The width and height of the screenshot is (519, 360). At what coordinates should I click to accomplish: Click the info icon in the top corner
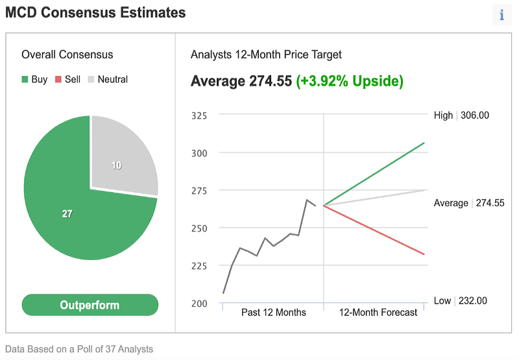click(501, 15)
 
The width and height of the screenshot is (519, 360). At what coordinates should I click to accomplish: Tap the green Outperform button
click(90, 305)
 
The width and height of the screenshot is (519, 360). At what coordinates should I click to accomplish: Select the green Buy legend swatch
click(25, 79)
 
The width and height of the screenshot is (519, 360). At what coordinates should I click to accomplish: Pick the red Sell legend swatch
click(58, 79)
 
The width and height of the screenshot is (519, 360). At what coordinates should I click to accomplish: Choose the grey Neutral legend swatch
click(91, 79)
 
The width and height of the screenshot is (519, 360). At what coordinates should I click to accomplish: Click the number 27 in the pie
click(67, 214)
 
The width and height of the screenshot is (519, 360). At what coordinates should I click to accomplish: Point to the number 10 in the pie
click(116, 165)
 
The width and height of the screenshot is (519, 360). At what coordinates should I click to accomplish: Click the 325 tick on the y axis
click(199, 115)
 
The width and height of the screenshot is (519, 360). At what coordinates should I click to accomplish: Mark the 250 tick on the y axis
click(199, 228)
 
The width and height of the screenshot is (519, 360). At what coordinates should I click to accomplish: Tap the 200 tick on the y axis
click(199, 304)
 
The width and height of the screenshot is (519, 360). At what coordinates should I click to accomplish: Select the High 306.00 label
click(461, 115)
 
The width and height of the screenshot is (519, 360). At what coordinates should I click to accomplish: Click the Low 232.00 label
click(461, 301)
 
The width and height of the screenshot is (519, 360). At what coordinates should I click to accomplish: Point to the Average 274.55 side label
click(469, 203)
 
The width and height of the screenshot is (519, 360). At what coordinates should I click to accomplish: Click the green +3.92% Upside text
click(350, 81)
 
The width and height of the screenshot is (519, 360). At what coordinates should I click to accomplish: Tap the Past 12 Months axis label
click(274, 313)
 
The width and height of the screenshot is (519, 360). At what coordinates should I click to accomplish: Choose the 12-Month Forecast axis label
click(378, 313)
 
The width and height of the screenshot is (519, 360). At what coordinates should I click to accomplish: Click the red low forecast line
click(374, 230)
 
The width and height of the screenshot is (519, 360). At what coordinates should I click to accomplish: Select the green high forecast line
click(374, 174)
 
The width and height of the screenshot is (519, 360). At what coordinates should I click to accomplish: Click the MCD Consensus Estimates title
click(95, 12)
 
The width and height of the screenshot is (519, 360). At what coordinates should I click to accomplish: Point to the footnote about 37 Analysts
click(79, 349)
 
